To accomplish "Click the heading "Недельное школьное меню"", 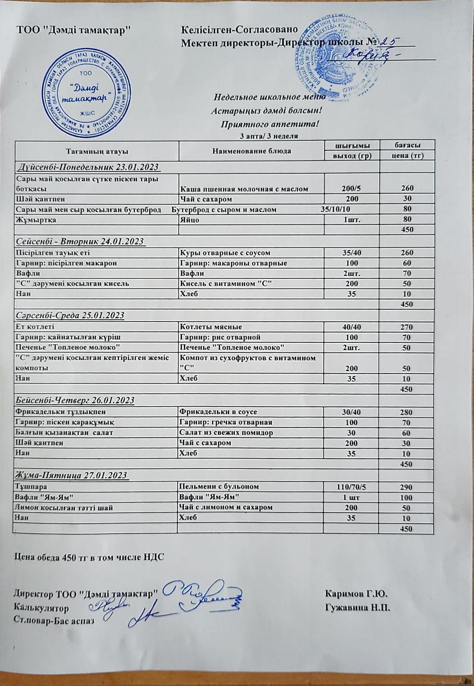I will pyautogui.click(x=270, y=97).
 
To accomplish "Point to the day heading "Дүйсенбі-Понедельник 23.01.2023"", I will pyautogui.click(x=88, y=167).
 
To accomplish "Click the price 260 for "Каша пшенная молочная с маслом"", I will pyautogui.click(x=406, y=189).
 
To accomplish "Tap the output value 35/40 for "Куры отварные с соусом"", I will pyautogui.click(x=352, y=253).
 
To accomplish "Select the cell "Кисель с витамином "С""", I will pyautogui.click(x=223, y=283).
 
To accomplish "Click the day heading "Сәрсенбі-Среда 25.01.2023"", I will pyautogui.click(x=70, y=316).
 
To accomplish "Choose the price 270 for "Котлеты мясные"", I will pyautogui.click(x=406, y=327).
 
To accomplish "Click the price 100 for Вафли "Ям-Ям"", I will pyautogui.click(x=406, y=497).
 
